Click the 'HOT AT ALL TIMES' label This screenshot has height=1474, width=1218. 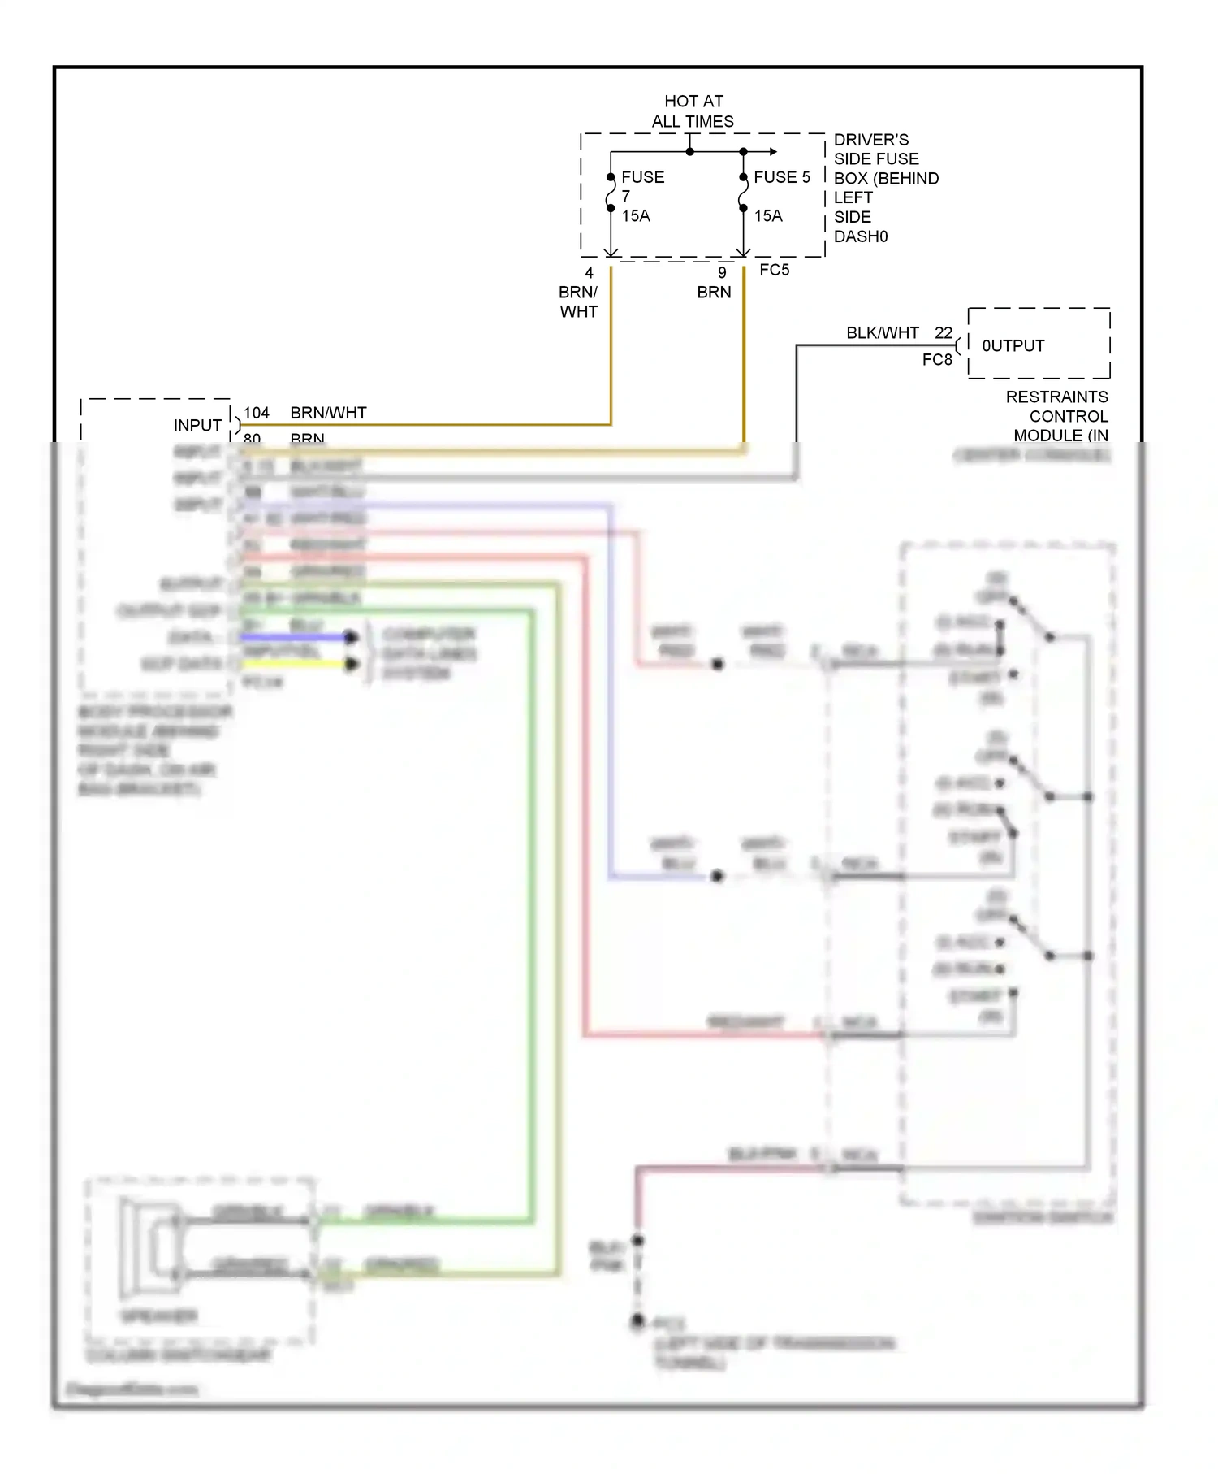(x=693, y=111)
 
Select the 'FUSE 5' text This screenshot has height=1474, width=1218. (x=781, y=177)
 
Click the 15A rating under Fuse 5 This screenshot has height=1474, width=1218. (x=768, y=216)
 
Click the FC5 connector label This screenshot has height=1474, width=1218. (x=774, y=270)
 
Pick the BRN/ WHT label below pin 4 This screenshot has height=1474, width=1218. (x=578, y=301)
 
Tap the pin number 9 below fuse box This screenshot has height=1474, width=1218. (x=722, y=273)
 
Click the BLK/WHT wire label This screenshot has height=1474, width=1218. (x=882, y=333)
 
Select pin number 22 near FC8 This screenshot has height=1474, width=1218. (x=943, y=333)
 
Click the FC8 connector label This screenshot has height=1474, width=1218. (x=936, y=359)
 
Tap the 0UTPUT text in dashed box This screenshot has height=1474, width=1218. (x=1013, y=346)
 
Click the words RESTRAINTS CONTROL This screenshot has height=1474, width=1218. (x=1056, y=406)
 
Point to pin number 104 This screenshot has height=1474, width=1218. (x=257, y=413)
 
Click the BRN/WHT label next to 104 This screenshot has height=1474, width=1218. (x=328, y=413)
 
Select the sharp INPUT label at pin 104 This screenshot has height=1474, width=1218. (x=197, y=426)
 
